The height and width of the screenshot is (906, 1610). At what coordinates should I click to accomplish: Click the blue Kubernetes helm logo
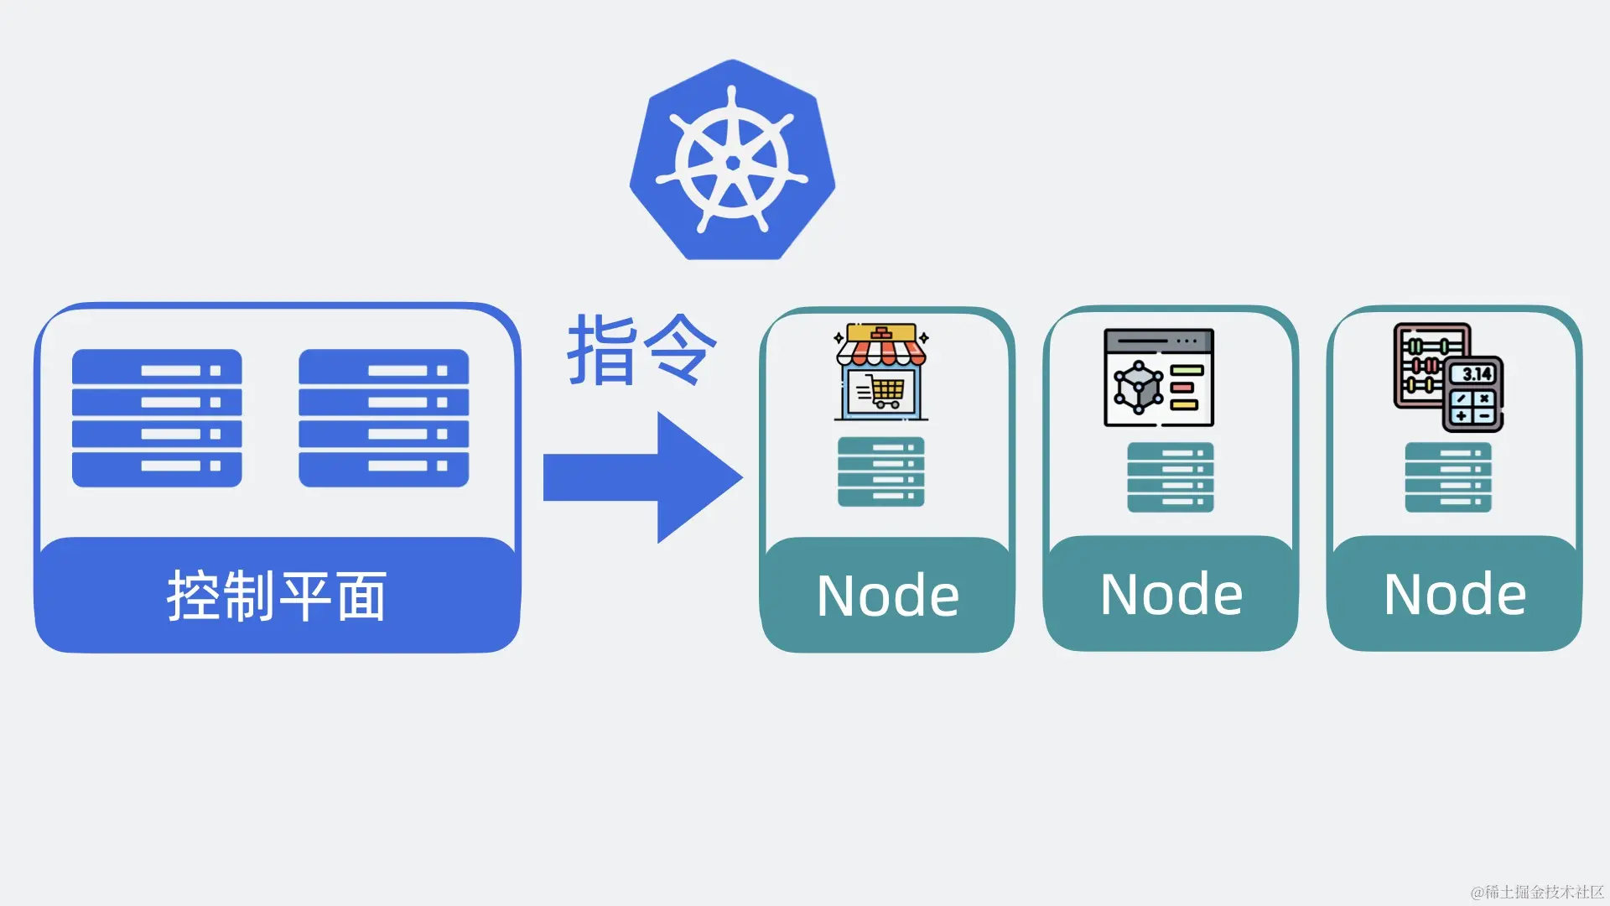click(x=732, y=160)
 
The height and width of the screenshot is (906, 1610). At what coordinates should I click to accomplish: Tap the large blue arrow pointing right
click(x=641, y=477)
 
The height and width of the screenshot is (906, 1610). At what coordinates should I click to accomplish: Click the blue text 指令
click(x=642, y=350)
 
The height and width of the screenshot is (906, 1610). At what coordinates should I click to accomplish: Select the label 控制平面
click(x=277, y=596)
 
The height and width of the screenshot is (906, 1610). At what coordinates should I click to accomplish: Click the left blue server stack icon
click(x=157, y=418)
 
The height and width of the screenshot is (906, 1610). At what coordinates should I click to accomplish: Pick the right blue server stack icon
click(x=384, y=418)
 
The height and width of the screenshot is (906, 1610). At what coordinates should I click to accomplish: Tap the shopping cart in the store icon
click(x=884, y=392)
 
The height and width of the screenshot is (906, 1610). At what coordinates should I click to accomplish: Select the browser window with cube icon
click(x=1159, y=377)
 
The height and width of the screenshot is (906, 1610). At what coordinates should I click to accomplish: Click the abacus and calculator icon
click(x=1448, y=377)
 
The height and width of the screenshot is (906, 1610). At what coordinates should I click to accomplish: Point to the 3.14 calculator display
click(x=1477, y=374)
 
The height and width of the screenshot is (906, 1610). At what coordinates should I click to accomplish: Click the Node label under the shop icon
click(x=887, y=596)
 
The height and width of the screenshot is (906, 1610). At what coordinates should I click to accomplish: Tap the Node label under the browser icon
click(x=1171, y=594)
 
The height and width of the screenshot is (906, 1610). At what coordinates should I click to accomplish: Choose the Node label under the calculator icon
click(x=1454, y=594)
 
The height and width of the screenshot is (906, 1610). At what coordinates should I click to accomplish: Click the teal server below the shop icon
click(x=880, y=471)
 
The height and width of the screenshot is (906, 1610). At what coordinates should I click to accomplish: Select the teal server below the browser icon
click(x=1171, y=476)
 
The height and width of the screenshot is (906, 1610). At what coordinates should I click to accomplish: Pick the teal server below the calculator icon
click(x=1448, y=476)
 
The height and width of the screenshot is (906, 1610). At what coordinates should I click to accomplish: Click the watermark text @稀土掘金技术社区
click(x=1537, y=891)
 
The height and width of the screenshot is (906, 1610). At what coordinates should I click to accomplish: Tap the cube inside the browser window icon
click(x=1137, y=388)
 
